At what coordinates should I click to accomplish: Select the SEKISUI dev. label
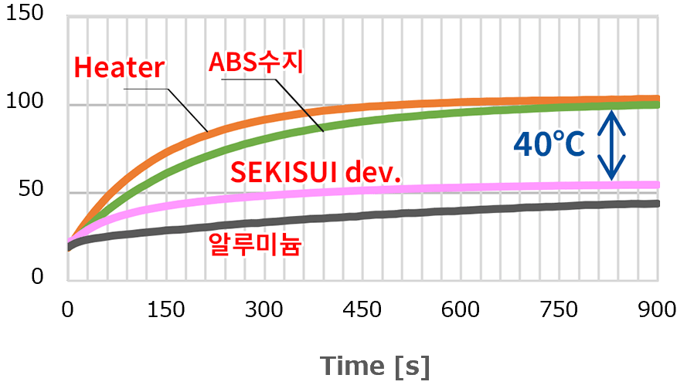click(x=317, y=172)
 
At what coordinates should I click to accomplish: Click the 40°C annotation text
click(x=549, y=145)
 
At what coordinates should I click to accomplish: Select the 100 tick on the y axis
click(x=26, y=103)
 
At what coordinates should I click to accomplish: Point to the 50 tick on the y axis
click(x=32, y=191)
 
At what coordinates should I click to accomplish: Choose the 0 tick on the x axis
click(x=68, y=310)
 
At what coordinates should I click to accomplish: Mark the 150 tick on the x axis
click(x=166, y=310)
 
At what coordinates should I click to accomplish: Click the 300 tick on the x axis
click(x=265, y=310)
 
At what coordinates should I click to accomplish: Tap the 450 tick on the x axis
click(x=363, y=310)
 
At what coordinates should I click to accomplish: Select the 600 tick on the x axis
click(x=462, y=310)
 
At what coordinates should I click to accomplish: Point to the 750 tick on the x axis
click(x=560, y=310)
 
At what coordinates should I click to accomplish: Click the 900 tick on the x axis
click(x=658, y=310)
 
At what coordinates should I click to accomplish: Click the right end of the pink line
click(x=657, y=185)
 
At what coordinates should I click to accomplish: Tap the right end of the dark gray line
click(x=657, y=204)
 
